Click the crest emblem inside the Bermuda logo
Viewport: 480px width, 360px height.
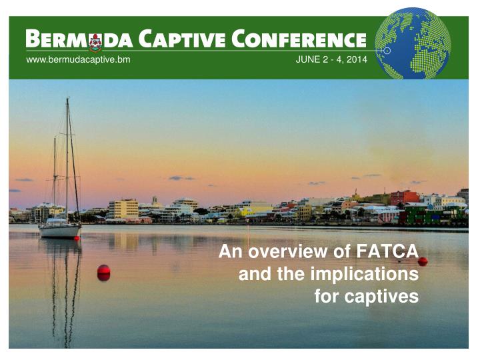click(x=95, y=41)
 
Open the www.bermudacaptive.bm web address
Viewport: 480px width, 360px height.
click(x=77, y=61)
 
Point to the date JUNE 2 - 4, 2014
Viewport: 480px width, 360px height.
click(x=331, y=61)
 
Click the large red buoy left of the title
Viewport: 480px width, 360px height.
click(x=103, y=271)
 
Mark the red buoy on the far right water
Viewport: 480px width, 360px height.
click(x=423, y=261)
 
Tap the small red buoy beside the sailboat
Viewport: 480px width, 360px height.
click(x=77, y=238)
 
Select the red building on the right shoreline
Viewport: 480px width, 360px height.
click(x=404, y=197)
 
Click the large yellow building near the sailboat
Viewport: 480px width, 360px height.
click(x=123, y=209)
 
